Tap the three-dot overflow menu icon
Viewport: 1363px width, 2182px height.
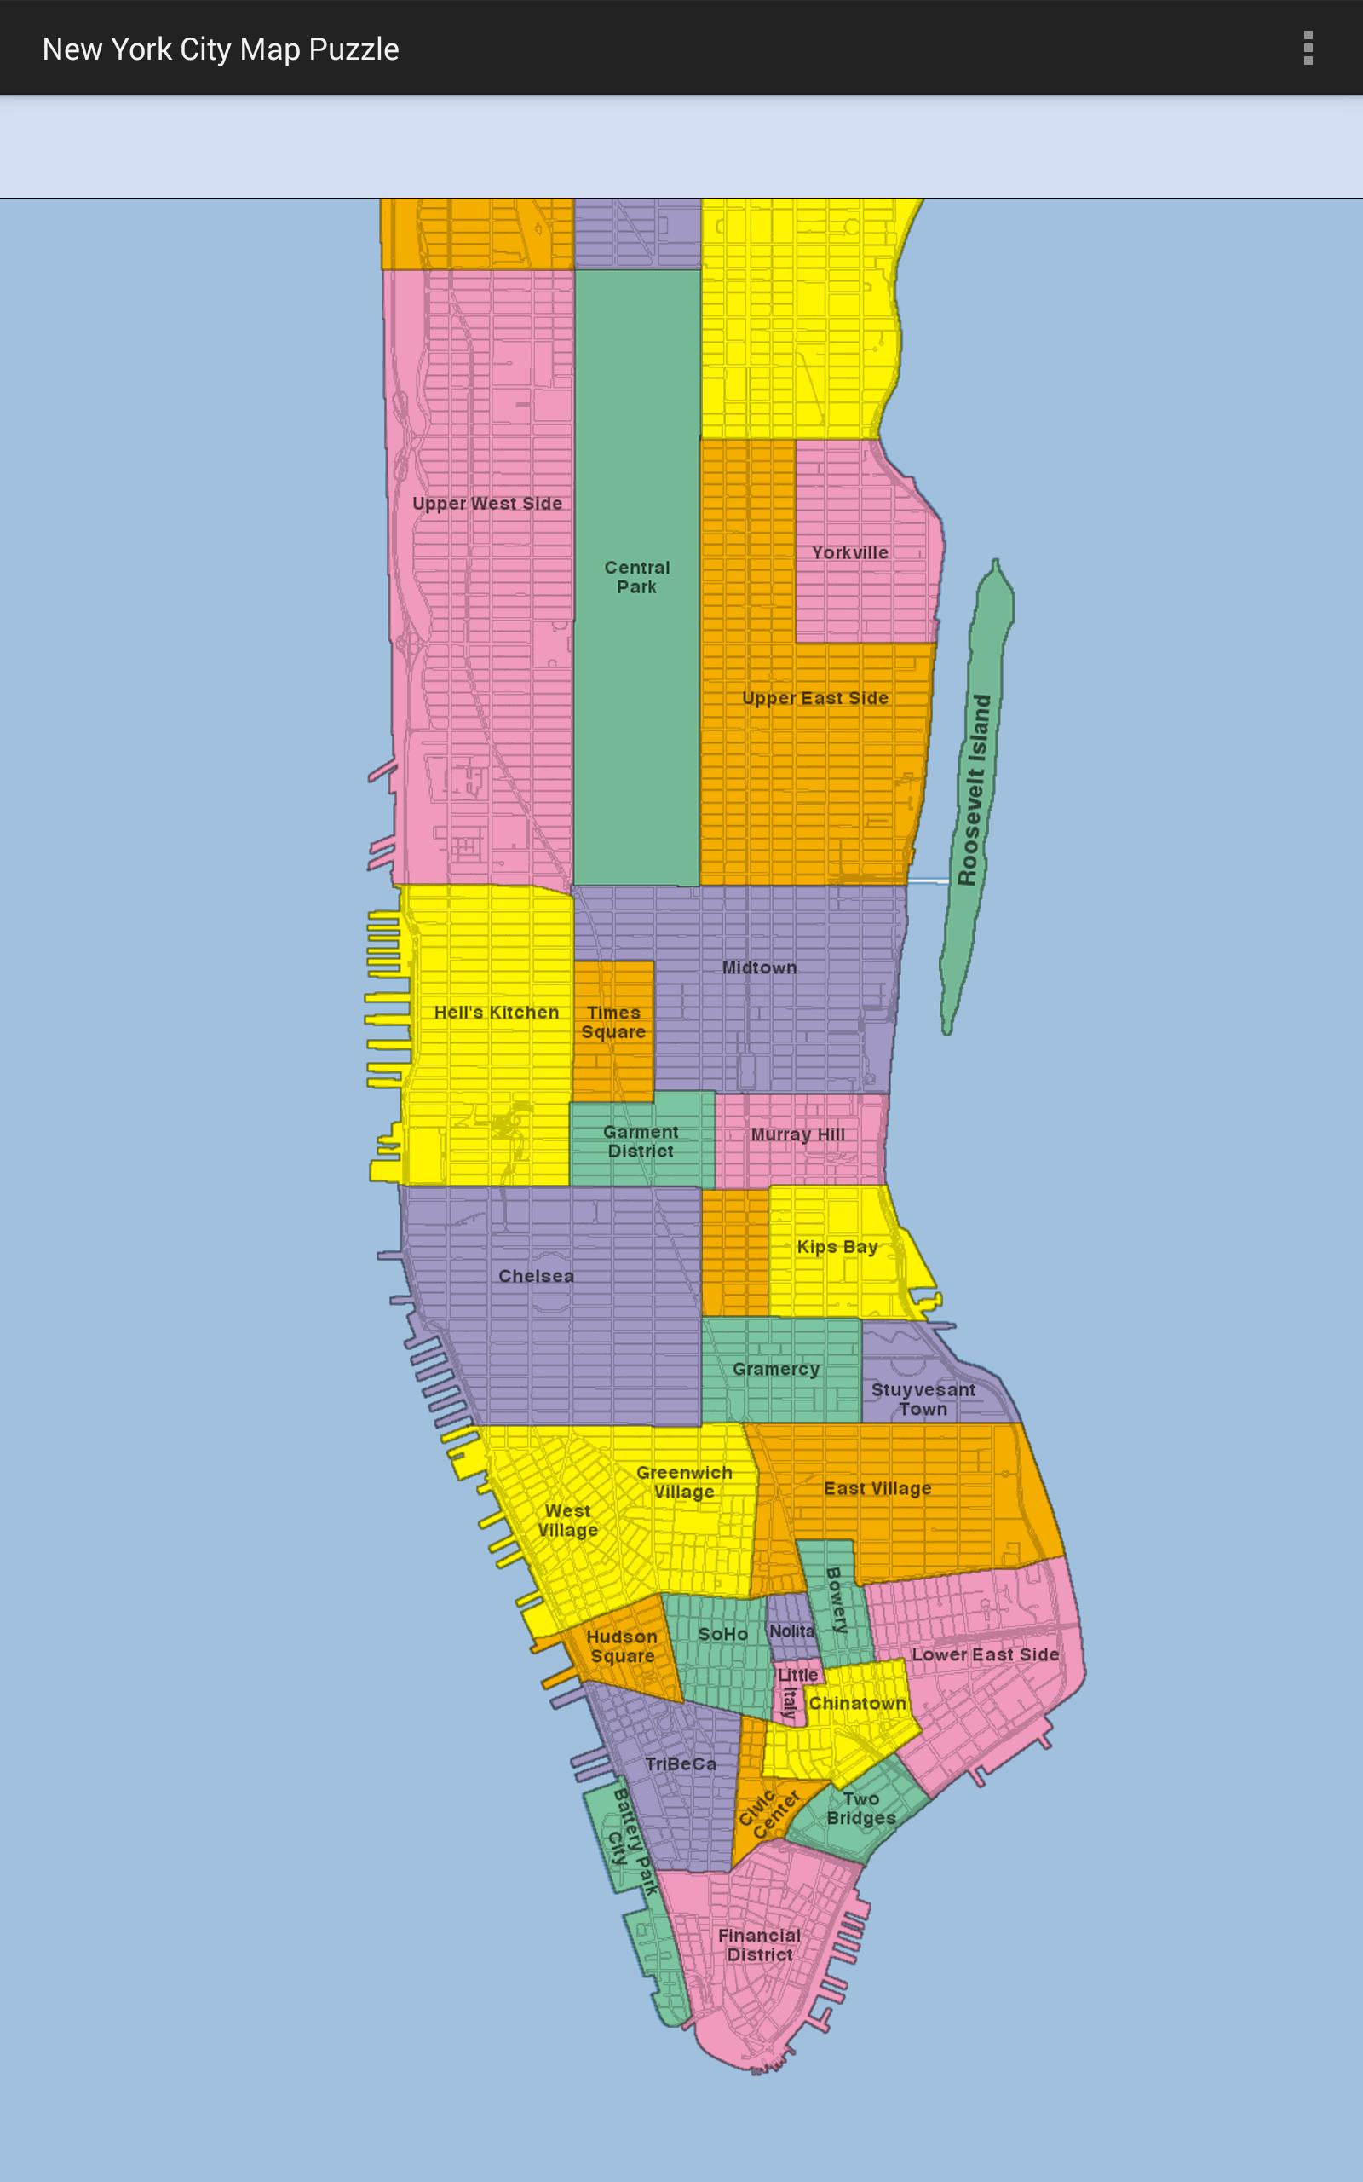[1307, 49]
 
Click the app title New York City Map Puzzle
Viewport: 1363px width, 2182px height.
[220, 49]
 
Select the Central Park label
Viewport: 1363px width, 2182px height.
[636, 577]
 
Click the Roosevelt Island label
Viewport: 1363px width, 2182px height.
[974, 790]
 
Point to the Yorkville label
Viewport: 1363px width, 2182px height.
[849, 552]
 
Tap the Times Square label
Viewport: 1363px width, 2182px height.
[613, 1022]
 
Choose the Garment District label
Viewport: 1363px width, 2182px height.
[640, 1140]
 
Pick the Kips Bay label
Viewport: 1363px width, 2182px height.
[837, 1247]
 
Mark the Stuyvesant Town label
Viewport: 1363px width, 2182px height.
[923, 1399]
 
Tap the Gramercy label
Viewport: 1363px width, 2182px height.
[775, 1369]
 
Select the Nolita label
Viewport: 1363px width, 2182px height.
[791, 1631]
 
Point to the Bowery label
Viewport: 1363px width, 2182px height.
[837, 1601]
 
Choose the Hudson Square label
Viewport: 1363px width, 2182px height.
[621, 1646]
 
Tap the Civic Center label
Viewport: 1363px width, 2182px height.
[768, 1814]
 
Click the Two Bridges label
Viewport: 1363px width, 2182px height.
[861, 1809]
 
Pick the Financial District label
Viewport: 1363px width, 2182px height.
[759, 1945]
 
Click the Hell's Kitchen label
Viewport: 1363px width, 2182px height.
[496, 1013]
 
